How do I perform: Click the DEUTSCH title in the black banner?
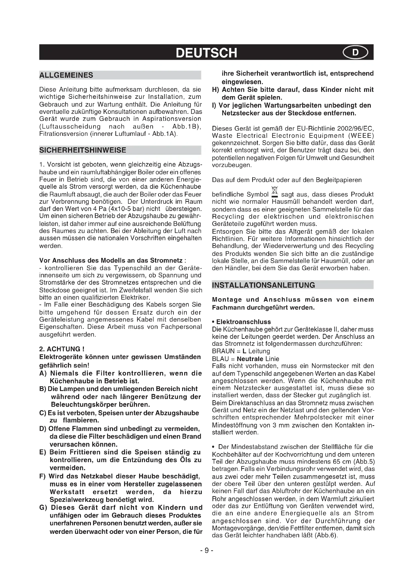point(206,53)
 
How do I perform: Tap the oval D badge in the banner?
point(355,52)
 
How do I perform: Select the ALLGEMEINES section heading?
point(66,75)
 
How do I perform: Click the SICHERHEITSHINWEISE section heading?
point(83,150)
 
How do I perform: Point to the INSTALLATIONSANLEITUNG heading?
point(263,285)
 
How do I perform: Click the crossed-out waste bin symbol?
point(275,192)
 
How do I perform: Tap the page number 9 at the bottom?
point(206,551)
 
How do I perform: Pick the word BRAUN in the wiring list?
point(223,351)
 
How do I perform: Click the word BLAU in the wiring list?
point(220,359)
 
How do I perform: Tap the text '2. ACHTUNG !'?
point(62,349)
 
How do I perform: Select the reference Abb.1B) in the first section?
point(187,126)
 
